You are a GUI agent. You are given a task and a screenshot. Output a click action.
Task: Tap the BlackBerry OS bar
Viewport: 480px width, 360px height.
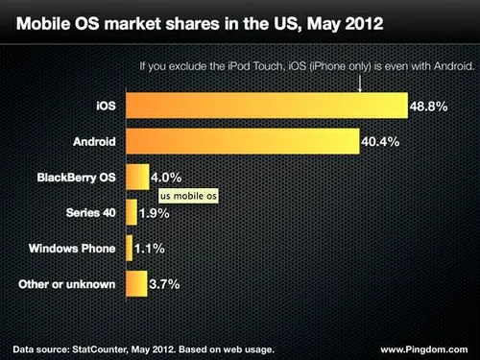click(136, 177)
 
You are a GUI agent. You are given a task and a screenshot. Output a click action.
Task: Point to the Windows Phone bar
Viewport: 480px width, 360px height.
click(129, 248)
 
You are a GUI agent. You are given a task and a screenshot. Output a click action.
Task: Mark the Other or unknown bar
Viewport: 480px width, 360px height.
click(135, 283)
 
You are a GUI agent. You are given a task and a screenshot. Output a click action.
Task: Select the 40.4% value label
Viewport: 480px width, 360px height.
click(382, 140)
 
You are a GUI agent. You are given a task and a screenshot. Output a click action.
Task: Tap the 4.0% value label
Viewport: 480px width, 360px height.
click(166, 177)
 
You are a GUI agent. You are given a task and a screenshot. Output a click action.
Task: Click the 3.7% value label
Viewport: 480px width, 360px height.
click(164, 283)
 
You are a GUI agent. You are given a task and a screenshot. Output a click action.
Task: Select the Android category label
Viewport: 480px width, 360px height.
click(95, 140)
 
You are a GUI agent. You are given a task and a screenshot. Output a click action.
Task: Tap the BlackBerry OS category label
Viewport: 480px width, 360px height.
click(75, 177)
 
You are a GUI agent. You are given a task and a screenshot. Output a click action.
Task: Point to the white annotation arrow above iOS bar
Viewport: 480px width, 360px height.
click(359, 84)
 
